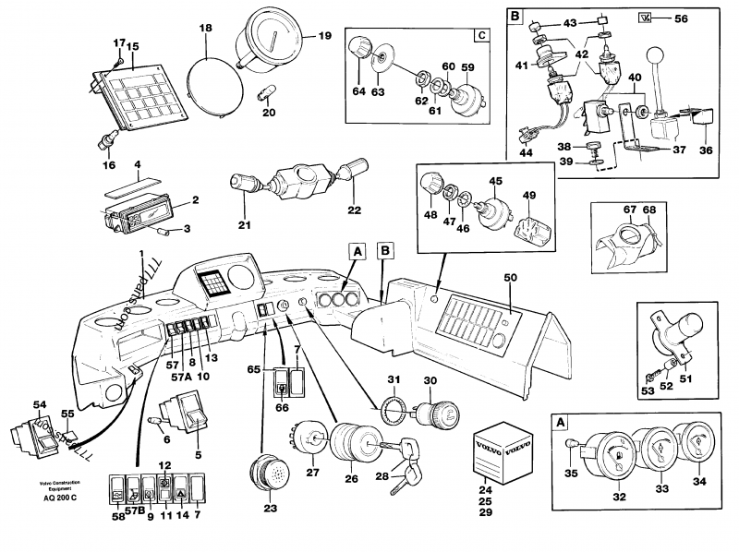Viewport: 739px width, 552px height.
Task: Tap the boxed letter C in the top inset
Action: [x=480, y=36]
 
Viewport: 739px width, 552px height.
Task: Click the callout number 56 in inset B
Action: [x=682, y=18]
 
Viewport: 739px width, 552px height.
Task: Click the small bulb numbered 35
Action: [x=571, y=448]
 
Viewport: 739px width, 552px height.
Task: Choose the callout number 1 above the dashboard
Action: [x=141, y=254]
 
